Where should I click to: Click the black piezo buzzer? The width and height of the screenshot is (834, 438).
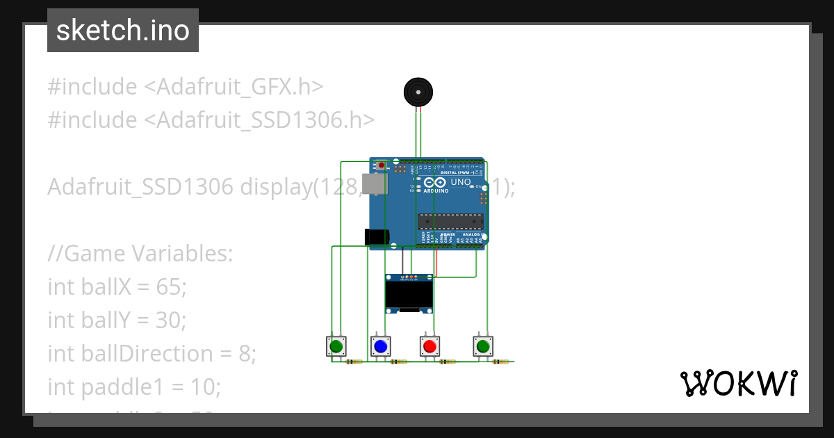point(418,92)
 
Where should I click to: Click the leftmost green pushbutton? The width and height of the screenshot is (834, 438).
point(337,346)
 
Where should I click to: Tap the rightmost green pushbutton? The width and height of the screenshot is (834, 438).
point(483,346)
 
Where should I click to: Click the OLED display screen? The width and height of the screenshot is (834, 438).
point(409,296)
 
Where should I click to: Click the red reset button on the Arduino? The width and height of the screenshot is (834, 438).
point(381,165)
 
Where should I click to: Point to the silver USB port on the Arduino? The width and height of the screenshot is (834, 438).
point(375,184)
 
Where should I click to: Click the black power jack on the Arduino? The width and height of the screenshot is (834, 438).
point(376,236)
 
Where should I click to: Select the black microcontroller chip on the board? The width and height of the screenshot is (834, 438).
point(450,222)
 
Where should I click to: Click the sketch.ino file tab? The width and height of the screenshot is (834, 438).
point(123,31)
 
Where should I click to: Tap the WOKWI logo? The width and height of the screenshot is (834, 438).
point(738,383)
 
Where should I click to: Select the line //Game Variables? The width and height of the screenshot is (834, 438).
point(140,254)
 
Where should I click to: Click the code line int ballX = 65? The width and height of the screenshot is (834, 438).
point(117,286)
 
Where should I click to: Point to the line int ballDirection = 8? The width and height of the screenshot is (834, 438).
point(152,353)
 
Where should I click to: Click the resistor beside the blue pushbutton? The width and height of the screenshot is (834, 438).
point(399,362)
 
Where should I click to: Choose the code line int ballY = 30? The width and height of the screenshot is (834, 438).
point(117,320)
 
